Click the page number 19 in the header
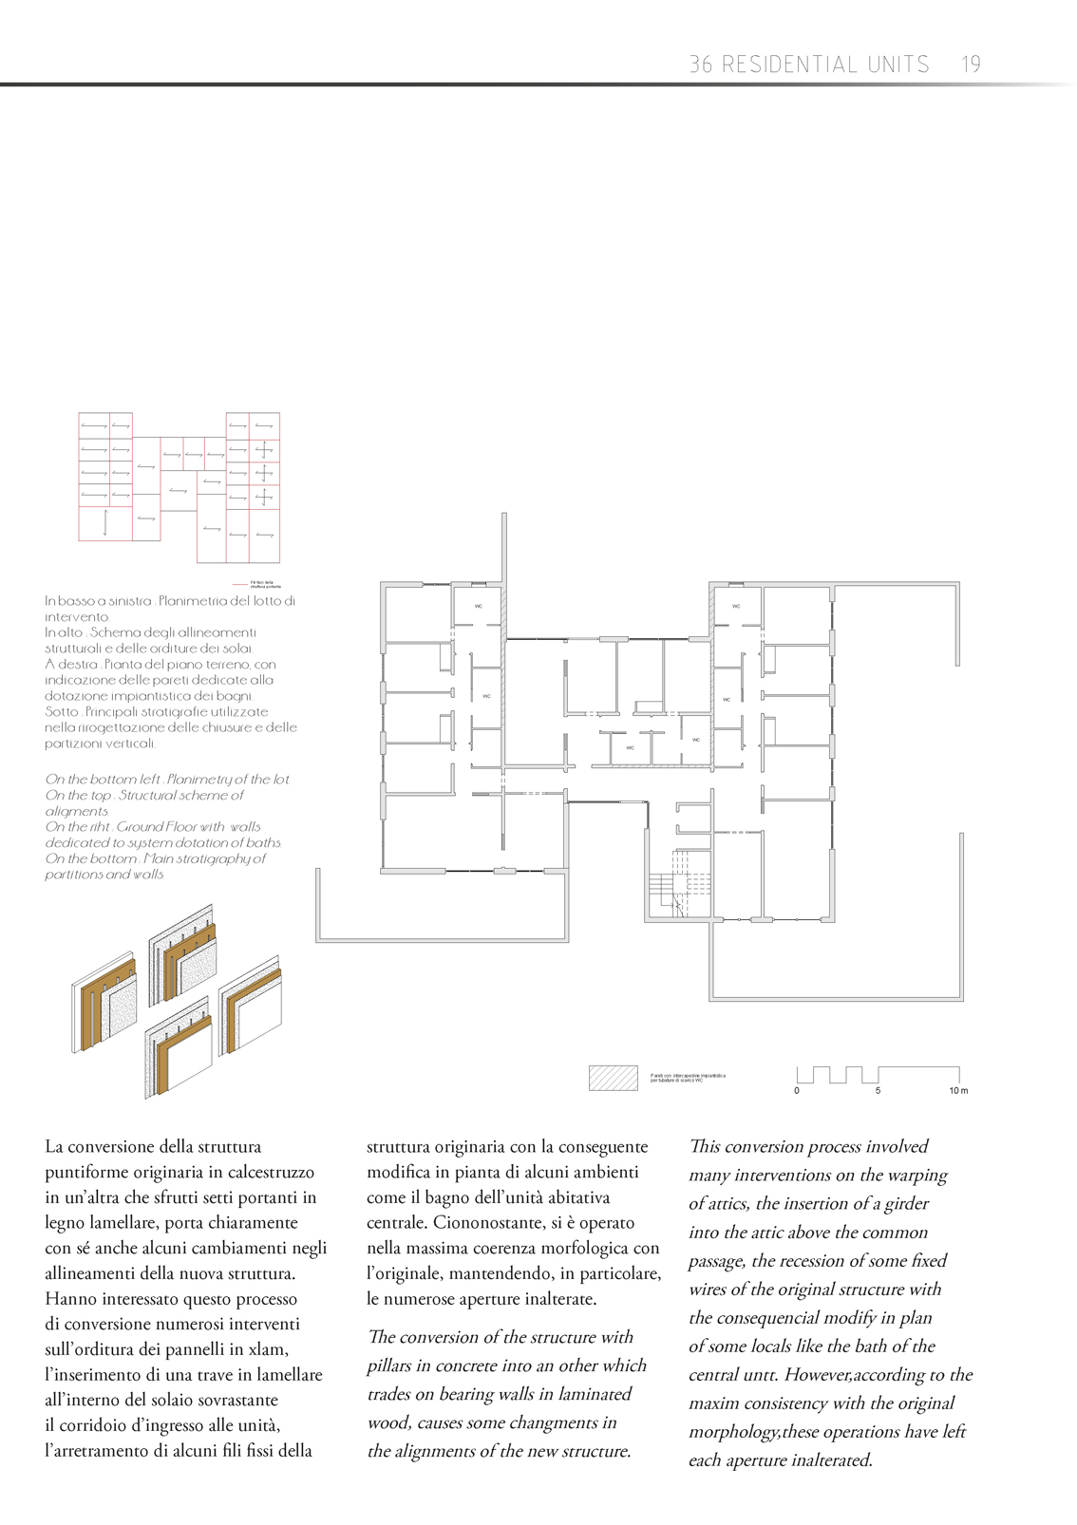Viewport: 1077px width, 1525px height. coord(970,65)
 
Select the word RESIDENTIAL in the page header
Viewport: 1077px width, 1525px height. coord(825,65)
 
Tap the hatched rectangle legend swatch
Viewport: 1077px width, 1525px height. coord(613,1078)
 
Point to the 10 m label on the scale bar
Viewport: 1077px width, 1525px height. coord(958,1091)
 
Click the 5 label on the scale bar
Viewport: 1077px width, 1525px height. coord(878,1091)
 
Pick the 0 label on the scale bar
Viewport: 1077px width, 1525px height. coord(797,1091)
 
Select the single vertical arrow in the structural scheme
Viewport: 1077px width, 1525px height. coord(104,523)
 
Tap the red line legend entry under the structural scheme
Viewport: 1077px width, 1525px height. coord(240,583)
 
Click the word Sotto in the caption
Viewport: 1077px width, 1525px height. coord(61,711)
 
